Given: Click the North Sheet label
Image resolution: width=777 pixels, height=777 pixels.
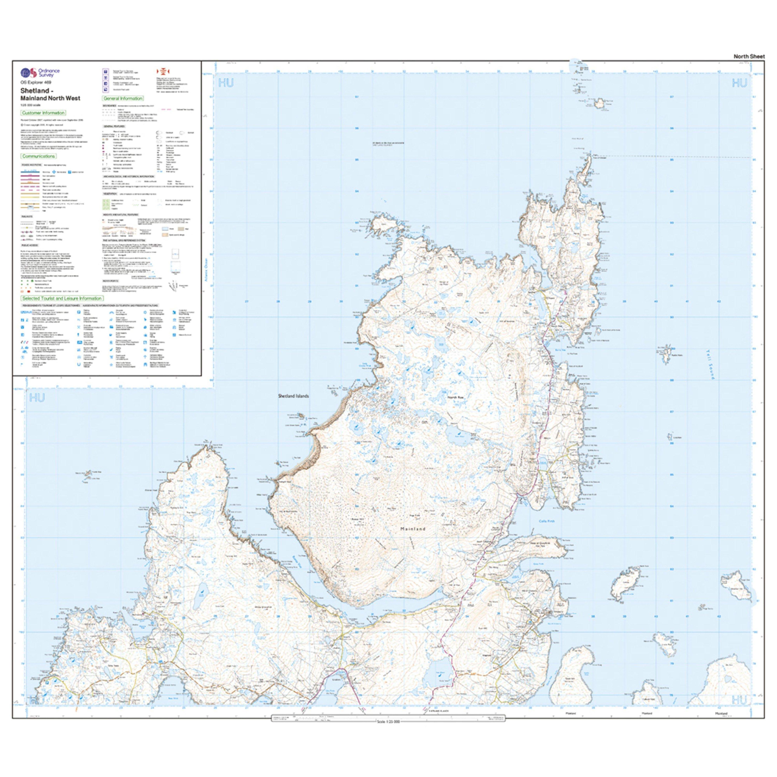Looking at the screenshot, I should click(x=749, y=56).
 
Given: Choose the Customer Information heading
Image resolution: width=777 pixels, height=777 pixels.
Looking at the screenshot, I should click(x=44, y=113).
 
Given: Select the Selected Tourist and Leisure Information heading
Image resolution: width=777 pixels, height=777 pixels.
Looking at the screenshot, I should click(x=62, y=298).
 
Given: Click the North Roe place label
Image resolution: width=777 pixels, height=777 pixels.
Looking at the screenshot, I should click(x=456, y=397).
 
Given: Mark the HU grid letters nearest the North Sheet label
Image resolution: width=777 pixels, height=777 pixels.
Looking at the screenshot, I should click(x=739, y=83).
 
